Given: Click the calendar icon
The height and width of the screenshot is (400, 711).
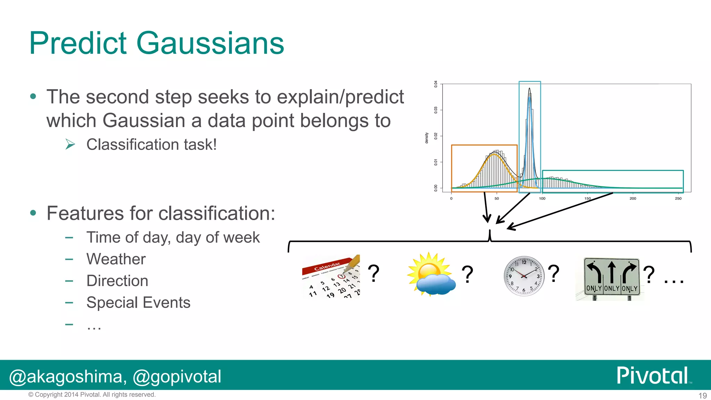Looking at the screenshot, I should tap(331, 277).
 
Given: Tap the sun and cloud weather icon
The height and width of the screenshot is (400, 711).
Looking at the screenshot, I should tap(431, 275).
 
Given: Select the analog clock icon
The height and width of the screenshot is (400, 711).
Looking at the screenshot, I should tap(524, 276).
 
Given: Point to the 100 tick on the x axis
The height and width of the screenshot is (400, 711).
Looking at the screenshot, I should tap(542, 198).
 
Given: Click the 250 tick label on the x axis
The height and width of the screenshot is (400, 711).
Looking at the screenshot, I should tap(678, 198).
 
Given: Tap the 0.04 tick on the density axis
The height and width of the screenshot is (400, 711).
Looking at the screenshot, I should tap(436, 84).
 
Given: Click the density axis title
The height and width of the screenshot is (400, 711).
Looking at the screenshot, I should tap(427, 138).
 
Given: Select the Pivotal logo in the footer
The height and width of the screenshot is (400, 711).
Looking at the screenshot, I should tap(653, 376).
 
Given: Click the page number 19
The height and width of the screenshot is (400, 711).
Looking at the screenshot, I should tap(702, 395).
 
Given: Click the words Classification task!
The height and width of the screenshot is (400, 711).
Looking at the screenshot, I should tap(151, 144).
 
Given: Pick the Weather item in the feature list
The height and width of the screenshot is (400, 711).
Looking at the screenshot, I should tap(116, 259).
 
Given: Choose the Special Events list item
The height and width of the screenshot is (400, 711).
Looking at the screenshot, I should tap(138, 302).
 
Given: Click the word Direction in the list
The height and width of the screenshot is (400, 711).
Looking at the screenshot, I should tap(117, 281).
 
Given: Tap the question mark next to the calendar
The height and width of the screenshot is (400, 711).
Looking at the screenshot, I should tap(374, 273).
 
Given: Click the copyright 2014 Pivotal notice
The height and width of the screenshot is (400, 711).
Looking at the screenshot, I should tap(92, 394).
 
